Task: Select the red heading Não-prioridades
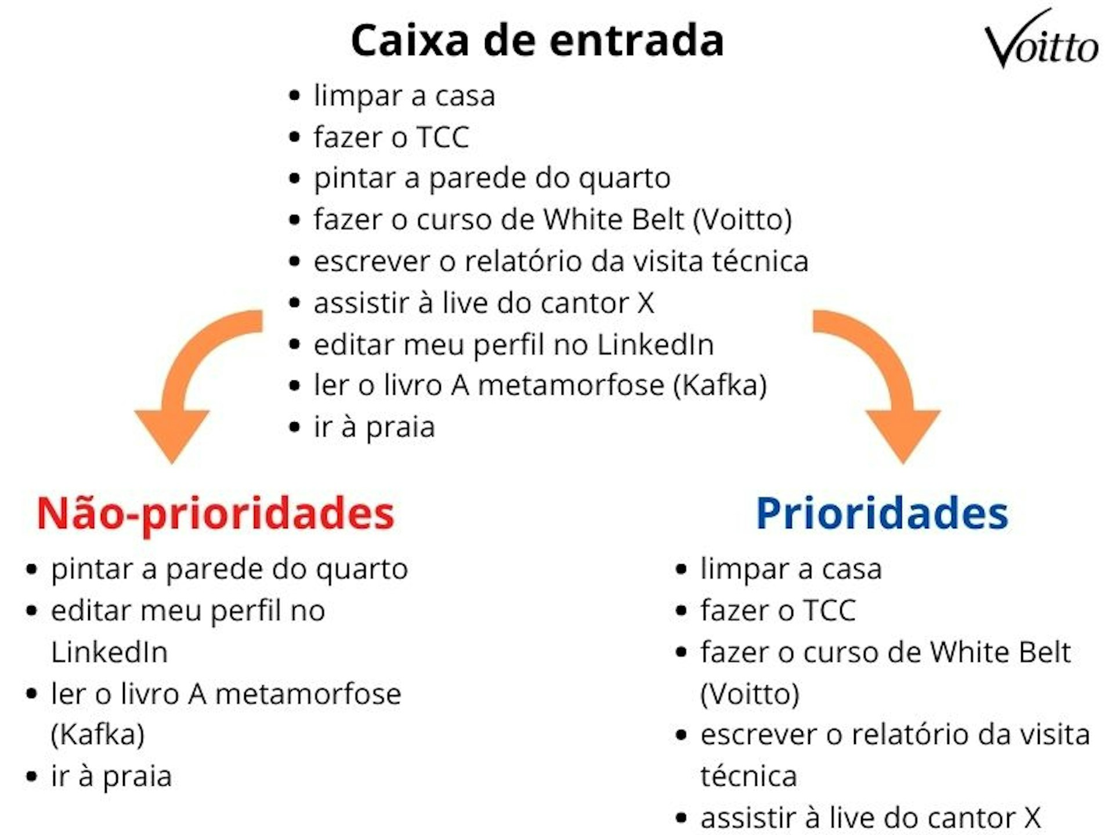(x=215, y=514)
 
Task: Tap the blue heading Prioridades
(x=882, y=514)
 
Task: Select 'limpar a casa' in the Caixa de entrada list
(x=404, y=96)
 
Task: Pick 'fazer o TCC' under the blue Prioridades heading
(x=778, y=611)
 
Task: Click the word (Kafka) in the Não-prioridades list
(x=97, y=735)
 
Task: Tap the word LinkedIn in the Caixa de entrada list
(x=656, y=344)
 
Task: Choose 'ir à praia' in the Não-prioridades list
(x=111, y=776)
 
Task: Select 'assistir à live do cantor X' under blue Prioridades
(x=870, y=818)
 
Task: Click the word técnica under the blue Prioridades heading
(x=748, y=776)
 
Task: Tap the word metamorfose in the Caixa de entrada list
(x=571, y=386)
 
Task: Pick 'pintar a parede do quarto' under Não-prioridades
(x=229, y=569)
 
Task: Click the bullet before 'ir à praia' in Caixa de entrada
(x=295, y=427)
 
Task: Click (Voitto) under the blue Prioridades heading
(x=750, y=694)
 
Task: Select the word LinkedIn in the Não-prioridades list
(x=109, y=652)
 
